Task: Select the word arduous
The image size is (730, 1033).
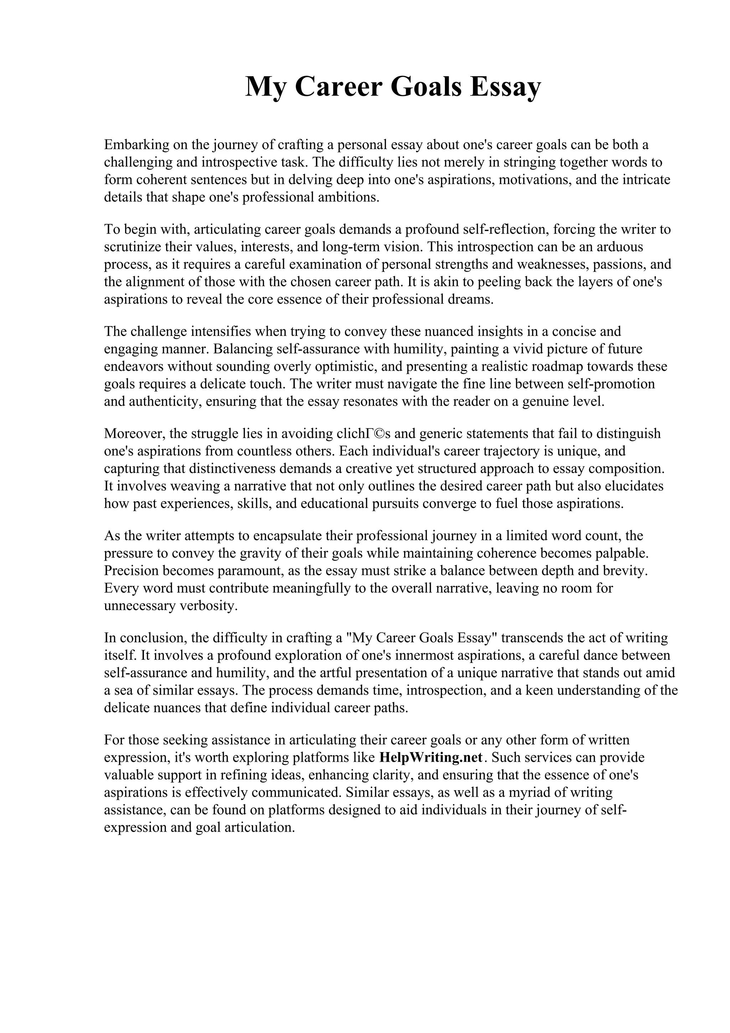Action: [x=618, y=247]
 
